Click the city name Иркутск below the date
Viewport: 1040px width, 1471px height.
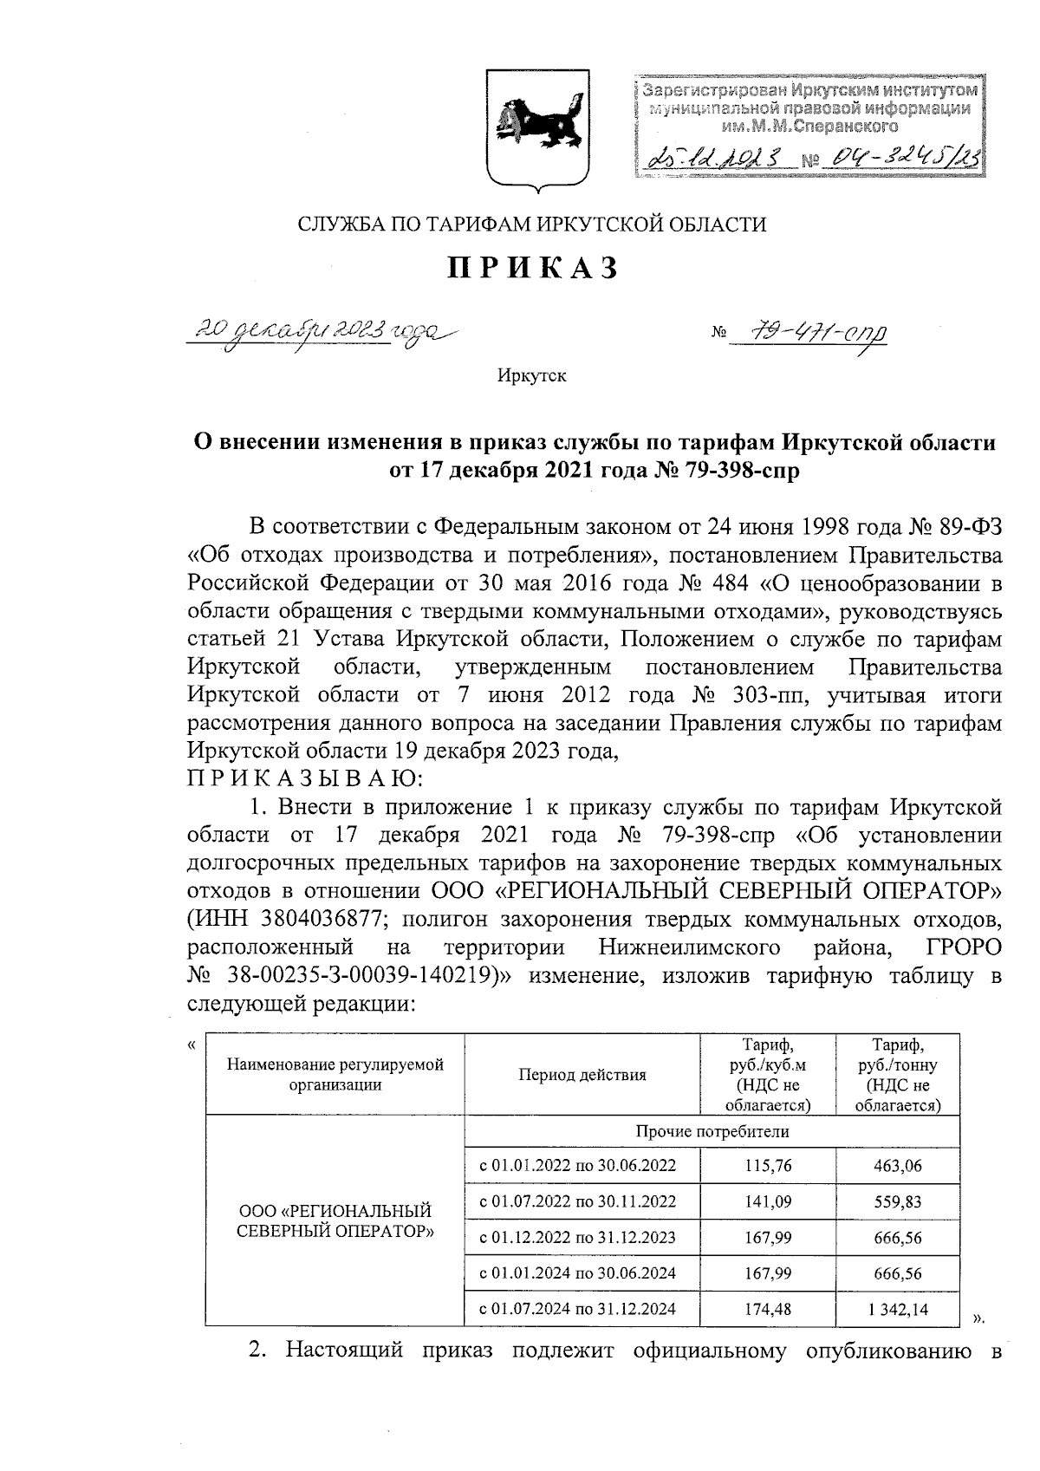point(531,376)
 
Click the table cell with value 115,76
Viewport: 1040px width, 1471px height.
point(768,1166)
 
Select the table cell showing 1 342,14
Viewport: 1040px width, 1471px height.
point(897,1309)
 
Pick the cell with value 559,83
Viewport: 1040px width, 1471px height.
point(897,1201)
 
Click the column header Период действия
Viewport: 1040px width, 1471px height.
point(582,1075)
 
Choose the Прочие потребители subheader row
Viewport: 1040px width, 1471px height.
point(712,1132)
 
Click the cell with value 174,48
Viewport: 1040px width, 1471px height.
point(768,1309)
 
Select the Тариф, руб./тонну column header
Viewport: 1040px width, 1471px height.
point(897,1075)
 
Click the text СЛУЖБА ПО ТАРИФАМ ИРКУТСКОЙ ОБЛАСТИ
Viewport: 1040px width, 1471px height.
point(532,225)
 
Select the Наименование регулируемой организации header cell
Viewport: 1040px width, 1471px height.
point(335,1075)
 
